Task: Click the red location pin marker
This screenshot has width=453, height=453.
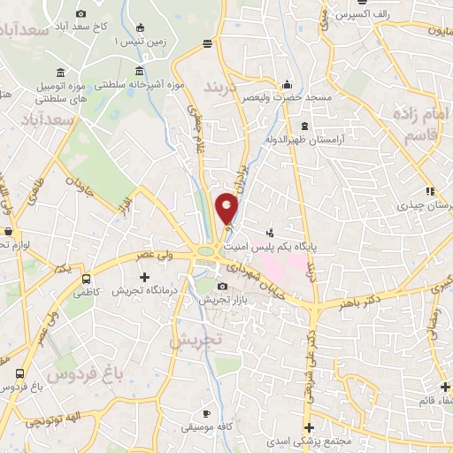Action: [227, 208]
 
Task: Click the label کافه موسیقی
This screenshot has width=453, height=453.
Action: [206, 427]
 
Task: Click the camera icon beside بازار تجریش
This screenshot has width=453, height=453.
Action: [221, 286]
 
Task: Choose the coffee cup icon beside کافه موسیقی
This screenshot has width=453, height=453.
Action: [206, 413]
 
